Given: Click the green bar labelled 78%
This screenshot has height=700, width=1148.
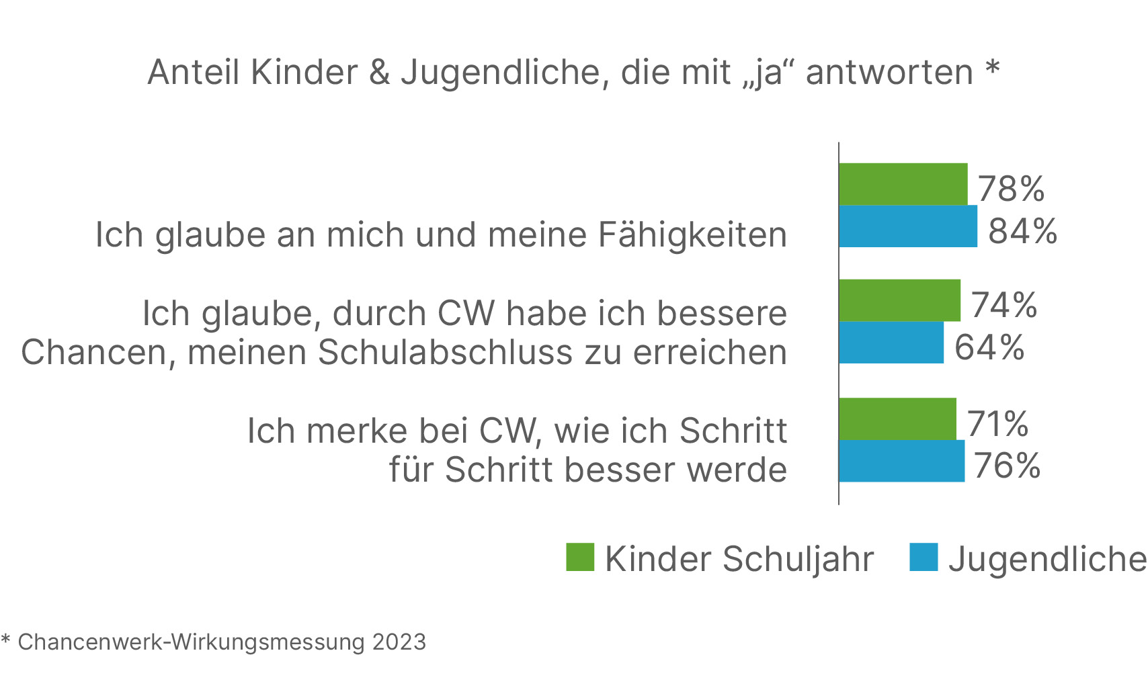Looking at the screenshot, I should (x=903, y=184).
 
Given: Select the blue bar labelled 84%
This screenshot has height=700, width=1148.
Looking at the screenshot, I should (x=907, y=226).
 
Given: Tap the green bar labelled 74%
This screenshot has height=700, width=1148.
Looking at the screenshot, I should (x=899, y=300).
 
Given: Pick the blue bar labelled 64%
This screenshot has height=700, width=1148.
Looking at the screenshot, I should (x=891, y=343).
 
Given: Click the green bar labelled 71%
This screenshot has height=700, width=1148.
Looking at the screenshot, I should (x=897, y=419).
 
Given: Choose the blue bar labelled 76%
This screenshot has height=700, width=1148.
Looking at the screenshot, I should (x=901, y=462).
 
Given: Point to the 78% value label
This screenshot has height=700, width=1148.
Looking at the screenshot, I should (x=1011, y=189).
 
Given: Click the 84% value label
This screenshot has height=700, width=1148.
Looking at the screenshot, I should (x=1022, y=231).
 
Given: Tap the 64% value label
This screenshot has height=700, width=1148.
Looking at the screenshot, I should (x=989, y=347).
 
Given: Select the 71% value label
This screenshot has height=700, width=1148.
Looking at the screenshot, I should (x=998, y=424).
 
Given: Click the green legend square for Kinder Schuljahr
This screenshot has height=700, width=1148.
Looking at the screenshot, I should (x=580, y=557).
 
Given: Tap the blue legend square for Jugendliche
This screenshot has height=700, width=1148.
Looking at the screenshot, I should (x=924, y=557).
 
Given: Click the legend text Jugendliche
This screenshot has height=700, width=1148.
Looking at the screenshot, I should (x=1047, y=559).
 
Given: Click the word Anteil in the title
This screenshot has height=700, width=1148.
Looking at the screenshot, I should (x=194, y=73).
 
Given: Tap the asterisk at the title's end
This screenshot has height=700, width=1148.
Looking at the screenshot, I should (x=993, y=67).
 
